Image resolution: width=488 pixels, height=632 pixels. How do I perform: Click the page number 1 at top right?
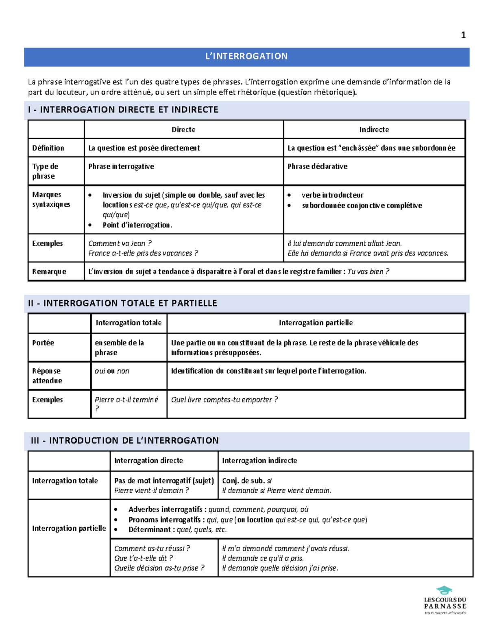pos(463,35)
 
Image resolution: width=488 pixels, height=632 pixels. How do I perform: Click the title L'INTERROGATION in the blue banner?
pos(246,56)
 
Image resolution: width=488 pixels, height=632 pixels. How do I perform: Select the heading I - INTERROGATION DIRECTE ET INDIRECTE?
pos(123,109)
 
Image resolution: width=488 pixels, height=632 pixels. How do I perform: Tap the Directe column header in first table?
pos(183,129)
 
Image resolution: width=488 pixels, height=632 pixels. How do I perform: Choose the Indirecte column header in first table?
pos(374,129)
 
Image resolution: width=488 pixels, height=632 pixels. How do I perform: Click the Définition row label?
pos(48,148)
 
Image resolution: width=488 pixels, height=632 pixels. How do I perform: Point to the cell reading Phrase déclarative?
pos(317,166)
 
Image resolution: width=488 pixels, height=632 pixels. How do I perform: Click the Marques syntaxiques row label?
pos(51,199)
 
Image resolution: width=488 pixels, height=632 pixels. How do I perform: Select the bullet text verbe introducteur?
pos(332,195)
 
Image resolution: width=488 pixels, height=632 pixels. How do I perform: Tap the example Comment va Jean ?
pos(120,243)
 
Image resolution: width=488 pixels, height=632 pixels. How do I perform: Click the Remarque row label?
pos(49,271)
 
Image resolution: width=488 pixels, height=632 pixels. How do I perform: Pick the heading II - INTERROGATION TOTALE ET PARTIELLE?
pos(122,303)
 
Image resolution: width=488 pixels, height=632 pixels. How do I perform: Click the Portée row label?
pos(43,343)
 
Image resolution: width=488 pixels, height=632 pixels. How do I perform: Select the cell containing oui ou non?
pos(112,371)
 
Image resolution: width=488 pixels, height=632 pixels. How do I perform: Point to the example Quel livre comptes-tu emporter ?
pos(224,400)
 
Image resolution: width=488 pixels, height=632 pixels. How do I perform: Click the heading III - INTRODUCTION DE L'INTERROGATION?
pos(125,440)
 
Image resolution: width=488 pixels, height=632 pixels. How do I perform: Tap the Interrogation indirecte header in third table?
pos(259,460)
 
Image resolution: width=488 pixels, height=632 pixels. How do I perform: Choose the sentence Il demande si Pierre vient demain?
pos(277,490)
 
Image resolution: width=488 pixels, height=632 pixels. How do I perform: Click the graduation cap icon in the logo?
pos(444,590)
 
